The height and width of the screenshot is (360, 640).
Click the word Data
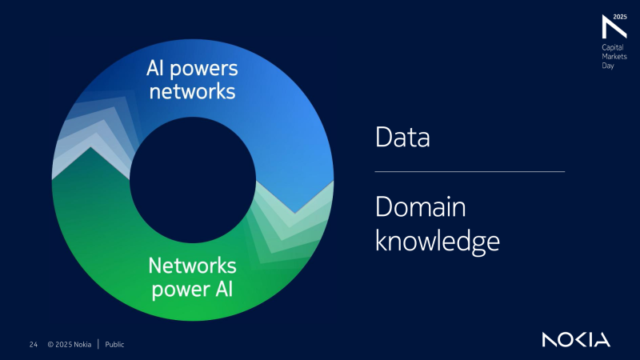pyautogui.click(x=403, y=138)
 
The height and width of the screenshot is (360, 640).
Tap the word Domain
pyautogui.click(x=421, y=207)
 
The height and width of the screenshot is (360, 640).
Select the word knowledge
pyautogui.click(x=438, y=240)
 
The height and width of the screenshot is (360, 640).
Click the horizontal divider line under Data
pyautogui.click(x=470, y=172)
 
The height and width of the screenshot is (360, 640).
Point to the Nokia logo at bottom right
pyautogui.click(x=576, y=339)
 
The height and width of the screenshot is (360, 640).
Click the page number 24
pyautogui.click(x=34, y=345)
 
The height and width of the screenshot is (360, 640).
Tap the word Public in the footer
pyautogui.click(x=114, y=345)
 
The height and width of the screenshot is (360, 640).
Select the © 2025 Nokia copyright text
pyautogui.click(x=69, y=345)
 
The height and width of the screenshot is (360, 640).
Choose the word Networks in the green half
pyautogui.click(x=192, y=265)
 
